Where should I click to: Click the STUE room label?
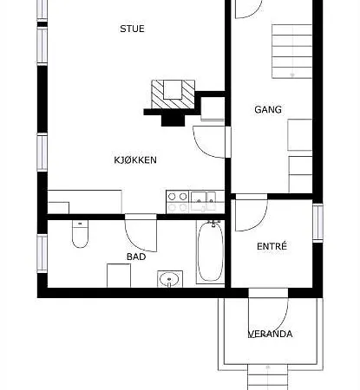(132, 29)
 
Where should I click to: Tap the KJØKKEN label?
(135, 160)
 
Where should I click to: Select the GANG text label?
(268, 109)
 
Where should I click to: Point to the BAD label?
(136, 257)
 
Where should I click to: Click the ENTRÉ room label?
(272, 246)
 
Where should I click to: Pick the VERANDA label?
(271, 334)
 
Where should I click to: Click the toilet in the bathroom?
(80, 234)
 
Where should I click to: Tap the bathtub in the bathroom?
(210, 251)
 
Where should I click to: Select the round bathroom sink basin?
(170, 279)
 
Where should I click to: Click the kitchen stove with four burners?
(177, 202)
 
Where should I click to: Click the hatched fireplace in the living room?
(173, 94)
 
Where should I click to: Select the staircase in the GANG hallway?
(291, 51)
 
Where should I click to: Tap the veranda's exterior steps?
(268, 377)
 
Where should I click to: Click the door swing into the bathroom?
(141, 233)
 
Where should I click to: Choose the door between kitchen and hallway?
(212, 142)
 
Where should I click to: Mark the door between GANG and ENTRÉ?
(252, 212)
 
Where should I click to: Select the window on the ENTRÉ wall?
(317, 223)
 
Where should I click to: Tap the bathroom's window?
(43, 253)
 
